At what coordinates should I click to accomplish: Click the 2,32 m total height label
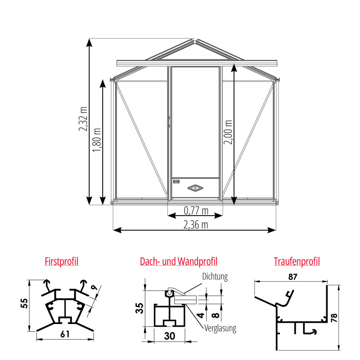coord(84,118)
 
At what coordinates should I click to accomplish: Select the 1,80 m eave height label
coord(97,139)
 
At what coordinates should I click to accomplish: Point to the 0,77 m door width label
coord(196,210)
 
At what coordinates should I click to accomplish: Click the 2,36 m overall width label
coord(196,225)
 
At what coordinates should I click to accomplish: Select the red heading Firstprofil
coord(62,261)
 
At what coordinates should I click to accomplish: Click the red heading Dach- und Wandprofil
coord(179,261)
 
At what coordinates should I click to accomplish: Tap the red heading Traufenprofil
coord(297,261)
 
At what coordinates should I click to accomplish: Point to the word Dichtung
coord(215,277)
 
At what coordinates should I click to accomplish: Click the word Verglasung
coord(220,328)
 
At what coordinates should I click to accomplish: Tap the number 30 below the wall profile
coord(169,335)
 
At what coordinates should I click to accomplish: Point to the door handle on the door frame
coord(169,121)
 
